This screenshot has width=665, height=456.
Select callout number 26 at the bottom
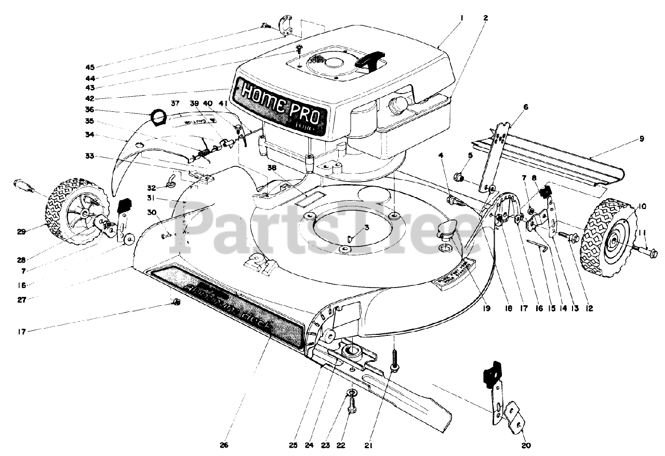pos(224,445)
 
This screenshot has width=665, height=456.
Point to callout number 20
pos(525,445)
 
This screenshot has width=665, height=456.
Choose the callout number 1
pos(461,17)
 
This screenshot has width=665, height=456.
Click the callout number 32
pos(151,188)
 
